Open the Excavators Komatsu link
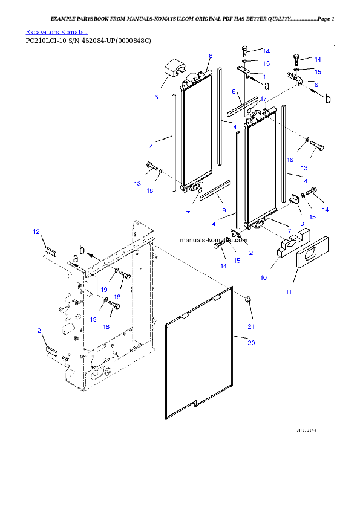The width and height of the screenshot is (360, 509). click(56, 31)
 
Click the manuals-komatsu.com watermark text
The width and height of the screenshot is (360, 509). click(214, 240)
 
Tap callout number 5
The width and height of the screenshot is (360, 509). click(156, 96)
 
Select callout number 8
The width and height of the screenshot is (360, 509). click(211, 56)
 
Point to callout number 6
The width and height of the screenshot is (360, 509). click(316, 85)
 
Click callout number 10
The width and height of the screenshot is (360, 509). click(263, 278)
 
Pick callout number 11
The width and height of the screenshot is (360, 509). click(289, 292)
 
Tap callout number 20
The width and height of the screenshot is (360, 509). click(251, 343)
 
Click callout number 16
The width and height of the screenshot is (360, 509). click(290, 160)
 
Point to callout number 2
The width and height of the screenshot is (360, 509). click(250, 252)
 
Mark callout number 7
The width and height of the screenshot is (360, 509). click(289, 231)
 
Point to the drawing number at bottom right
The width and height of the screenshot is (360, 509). click(306, 430)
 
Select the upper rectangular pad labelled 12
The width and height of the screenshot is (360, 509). click(48, 250)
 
